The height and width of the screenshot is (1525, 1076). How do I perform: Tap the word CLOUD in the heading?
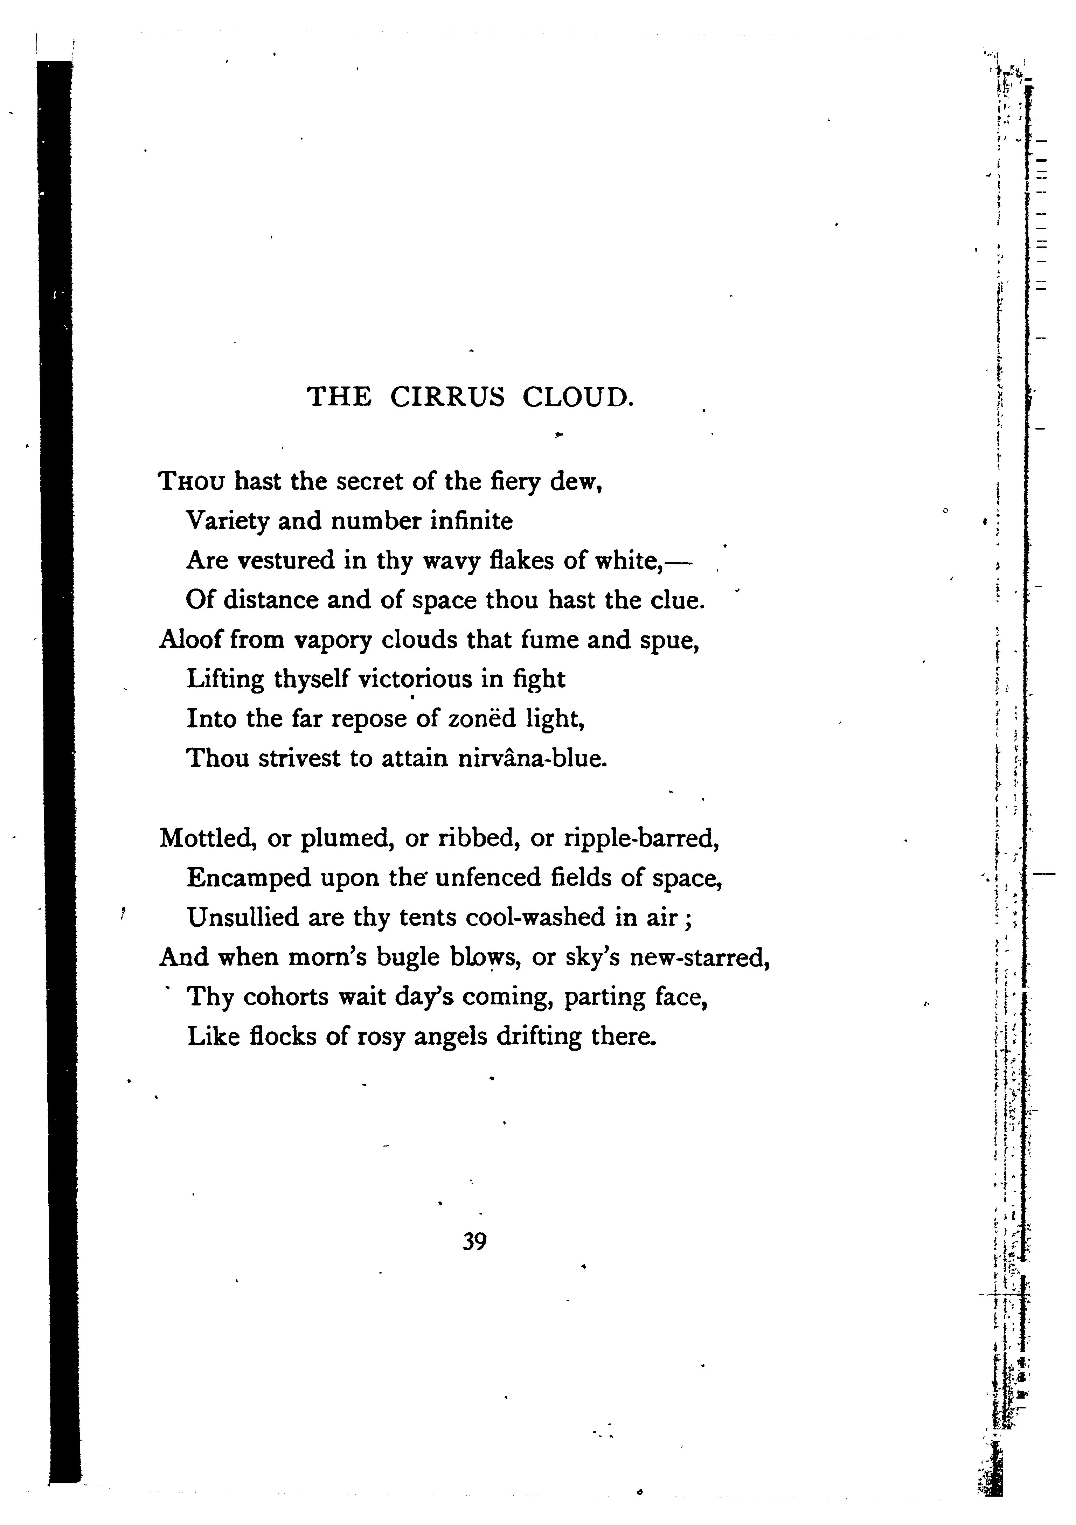point(575,397)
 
